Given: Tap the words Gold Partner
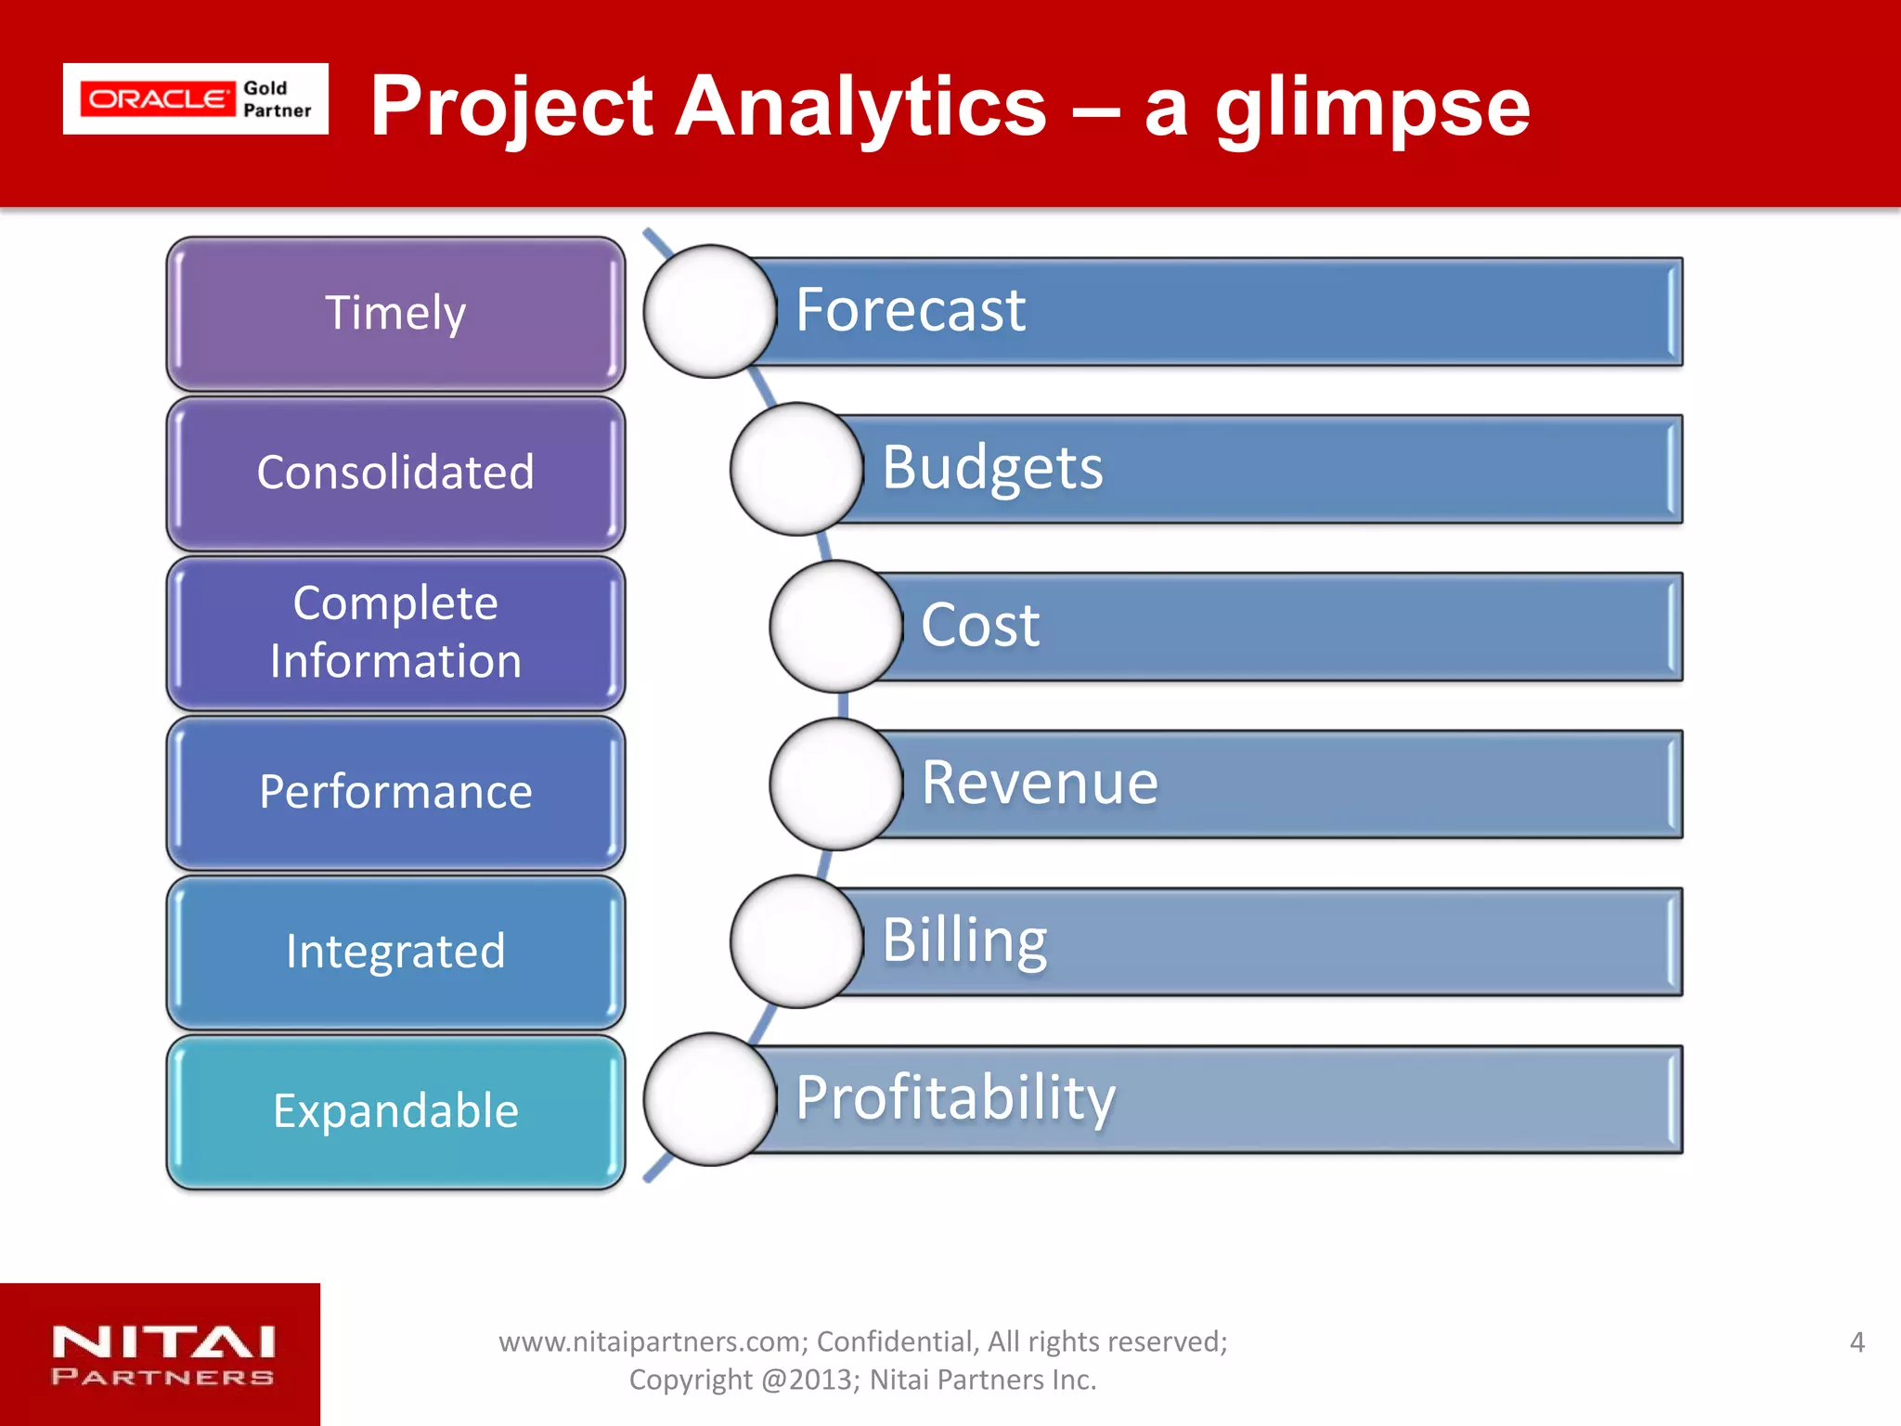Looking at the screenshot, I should pyautogui.click(x=277, y=99).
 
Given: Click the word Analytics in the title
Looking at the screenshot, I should pyautogui.click(x=860, y=107).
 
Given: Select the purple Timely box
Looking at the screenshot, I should pyautogui.click(x=395, y=313).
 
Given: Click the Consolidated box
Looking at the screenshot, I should pyautogui.click(x=395, y=473).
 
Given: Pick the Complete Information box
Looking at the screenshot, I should pyautogui.click(x=395, y=632).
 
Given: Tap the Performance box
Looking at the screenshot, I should pyautogui.click(x=395, y=792).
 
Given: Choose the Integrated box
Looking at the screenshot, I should pyautogui.click(x=395, y=952).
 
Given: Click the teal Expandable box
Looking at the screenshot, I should pyautogui.click(x=395, y=1111).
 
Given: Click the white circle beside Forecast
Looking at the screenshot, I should pyautogui.click(x=710, y=311).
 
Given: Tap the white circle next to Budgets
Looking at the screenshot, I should pyautogui.click(x=796, y=469).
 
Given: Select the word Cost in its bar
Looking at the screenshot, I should pyautogui.click(x=980, y=625).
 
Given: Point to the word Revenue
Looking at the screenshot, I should pyautogui.click(x=1040, y=783).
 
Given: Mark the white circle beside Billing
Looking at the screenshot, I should pyautogui.click(x=796, y=941).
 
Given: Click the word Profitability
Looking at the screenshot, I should pyautogui.click(x=955, y=1098).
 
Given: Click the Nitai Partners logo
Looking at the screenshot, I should pyautogui.click(x=162, y=1355).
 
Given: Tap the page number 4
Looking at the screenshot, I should pyautogui.click(x=1856, y=1342).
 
